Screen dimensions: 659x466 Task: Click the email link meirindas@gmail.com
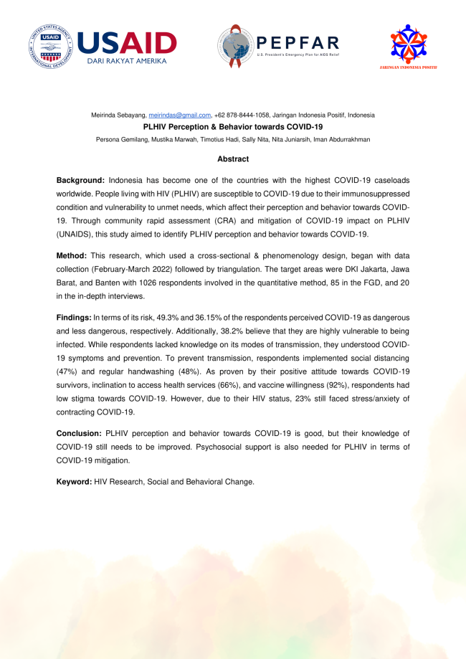click(x=179, y=115)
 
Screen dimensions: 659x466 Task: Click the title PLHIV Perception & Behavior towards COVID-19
click(x=233, y=126)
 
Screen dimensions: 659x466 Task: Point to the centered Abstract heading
click(x=233, y=158)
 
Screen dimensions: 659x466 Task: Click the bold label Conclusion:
click(x=80, y=434)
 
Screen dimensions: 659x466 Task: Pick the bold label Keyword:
click(x=74, y=481)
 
